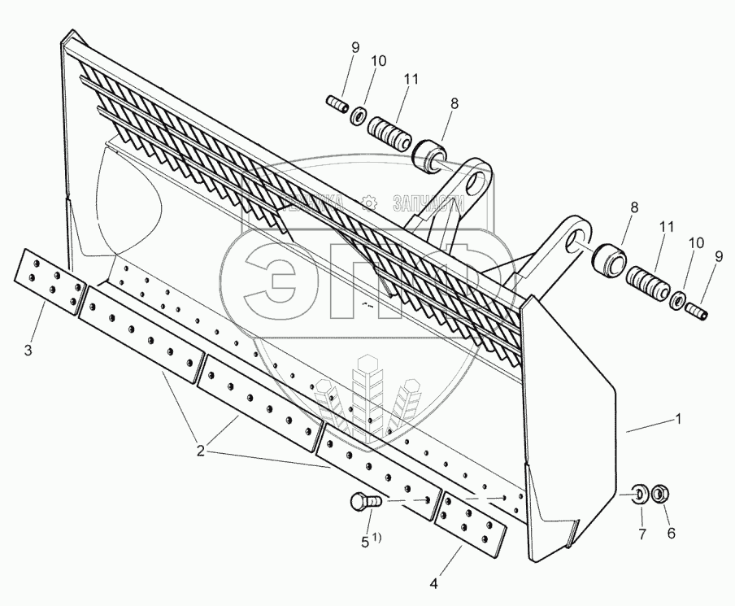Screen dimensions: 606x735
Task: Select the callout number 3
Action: click(x=28, y=351)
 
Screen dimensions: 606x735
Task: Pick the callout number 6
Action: click(x=671, y=534)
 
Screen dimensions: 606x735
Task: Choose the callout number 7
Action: click(x=641, y=534)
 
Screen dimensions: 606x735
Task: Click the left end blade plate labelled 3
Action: click(x=50, y=283)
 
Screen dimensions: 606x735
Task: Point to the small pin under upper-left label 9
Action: click(x=337, y=106)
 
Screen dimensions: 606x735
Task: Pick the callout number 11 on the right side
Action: click(x=666, y=230)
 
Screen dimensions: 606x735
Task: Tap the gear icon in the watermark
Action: click(x=368, y=201)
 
